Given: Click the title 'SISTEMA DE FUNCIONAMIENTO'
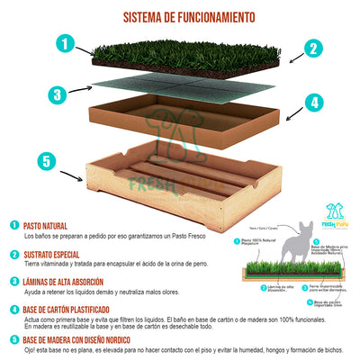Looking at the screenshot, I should tap(187, 17).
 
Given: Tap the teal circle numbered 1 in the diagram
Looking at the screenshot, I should tap(64, 42).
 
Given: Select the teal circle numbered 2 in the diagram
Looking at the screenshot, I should tap(312, 49).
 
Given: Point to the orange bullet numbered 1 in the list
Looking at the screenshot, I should tap(12, 227).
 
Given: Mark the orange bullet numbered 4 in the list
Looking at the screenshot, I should tap(12, 309).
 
